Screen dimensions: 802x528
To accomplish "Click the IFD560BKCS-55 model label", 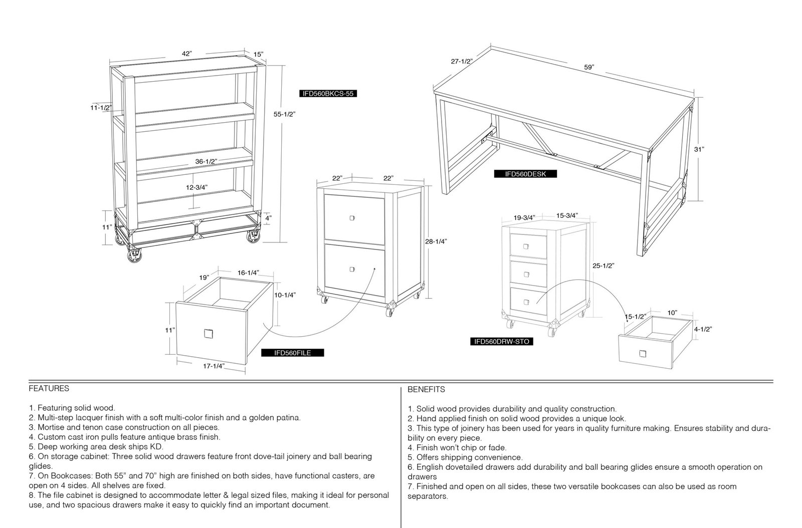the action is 328,94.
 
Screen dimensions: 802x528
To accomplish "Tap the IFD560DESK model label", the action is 525,174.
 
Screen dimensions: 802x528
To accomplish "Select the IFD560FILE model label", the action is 293,353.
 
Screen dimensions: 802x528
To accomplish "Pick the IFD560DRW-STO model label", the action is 502,341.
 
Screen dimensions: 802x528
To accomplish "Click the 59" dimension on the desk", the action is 589,67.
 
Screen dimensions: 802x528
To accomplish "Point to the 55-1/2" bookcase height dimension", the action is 284,114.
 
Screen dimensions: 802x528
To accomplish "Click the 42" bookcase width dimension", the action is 186,54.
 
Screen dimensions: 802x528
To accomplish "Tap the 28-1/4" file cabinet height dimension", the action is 436,241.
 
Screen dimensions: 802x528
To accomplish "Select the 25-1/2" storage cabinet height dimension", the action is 604,266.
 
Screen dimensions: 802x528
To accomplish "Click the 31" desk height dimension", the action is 699,149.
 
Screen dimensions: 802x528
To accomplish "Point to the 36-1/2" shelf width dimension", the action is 206,161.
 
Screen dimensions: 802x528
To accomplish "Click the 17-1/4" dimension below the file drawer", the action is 214,366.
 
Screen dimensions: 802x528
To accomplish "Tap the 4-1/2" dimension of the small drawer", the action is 703,329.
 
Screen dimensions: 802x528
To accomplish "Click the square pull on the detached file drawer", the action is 209,334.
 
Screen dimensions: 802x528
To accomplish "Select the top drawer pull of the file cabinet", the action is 352,218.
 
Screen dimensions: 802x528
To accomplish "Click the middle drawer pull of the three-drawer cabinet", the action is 526,275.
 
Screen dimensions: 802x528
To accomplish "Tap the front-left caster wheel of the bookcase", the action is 134,256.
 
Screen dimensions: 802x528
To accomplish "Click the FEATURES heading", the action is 49,389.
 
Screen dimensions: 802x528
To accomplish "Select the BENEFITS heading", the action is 426,390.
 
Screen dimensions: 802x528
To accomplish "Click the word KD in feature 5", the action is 157,447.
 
